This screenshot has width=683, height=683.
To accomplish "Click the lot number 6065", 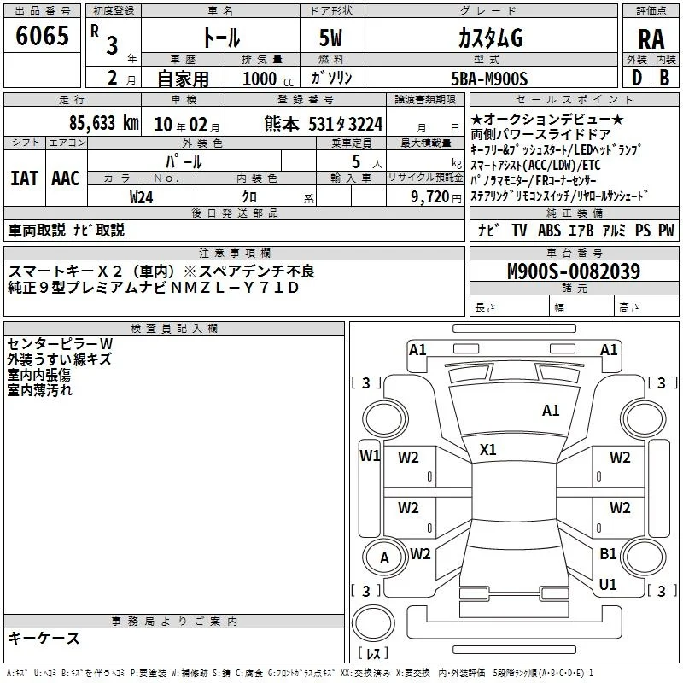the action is (x=42, y=36).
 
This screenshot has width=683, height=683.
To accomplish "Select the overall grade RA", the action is (x=651, y=39).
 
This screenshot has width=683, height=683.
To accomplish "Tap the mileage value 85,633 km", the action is (x=104, y=123).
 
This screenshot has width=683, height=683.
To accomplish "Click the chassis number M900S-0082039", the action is (x=574, y=271).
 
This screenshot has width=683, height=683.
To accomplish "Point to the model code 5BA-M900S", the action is (x=489, y=79).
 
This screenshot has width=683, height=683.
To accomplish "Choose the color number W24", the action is (x=141, y=197).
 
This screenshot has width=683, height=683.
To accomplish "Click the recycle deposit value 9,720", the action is (x=430, y=197).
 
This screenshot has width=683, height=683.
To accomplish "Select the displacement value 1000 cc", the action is (x=268, y=79).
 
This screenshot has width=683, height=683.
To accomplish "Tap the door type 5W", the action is (x=330, y=38).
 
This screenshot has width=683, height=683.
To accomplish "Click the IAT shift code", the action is (x=24, y=178).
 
